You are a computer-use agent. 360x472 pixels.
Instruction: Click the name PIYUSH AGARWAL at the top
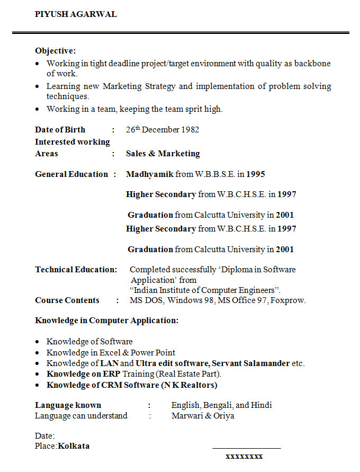(76, 14)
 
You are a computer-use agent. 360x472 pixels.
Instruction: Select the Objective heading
(55, 51)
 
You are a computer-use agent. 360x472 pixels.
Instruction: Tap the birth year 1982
(190, 130)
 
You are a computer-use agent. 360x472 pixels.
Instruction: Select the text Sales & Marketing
(163, 154)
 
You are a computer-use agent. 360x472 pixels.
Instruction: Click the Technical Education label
(76, 270)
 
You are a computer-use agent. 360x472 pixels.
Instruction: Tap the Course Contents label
(67, 300)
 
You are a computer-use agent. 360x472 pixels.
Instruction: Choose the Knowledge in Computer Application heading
(106, 320)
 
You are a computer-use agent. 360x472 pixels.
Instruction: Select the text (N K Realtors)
(189, 385)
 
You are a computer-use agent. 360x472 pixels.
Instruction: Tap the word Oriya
(223, 416)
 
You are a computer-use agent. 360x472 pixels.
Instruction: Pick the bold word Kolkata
(74, 446)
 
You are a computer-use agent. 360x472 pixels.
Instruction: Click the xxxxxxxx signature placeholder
(244, 456)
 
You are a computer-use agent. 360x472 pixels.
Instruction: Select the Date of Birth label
(60, 130)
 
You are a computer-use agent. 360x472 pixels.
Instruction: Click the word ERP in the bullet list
(111, 374)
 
